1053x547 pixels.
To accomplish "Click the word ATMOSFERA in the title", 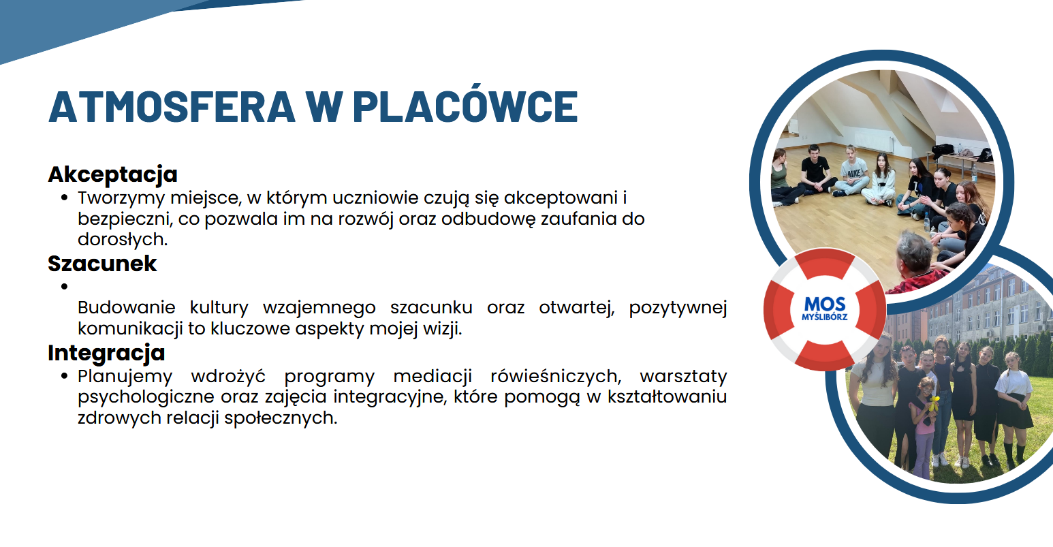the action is (x=172, y=107).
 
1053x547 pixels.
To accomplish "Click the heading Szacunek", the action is (x=102, y=264).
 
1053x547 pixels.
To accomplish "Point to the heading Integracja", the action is (x=106, y=354).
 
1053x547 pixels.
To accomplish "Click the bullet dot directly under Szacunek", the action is (x=65, y=286).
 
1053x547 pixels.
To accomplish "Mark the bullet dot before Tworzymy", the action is (x=65, y=198).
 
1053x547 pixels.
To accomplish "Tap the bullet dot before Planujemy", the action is (x=65, y=376).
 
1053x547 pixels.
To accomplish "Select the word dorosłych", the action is (x=123, y=239).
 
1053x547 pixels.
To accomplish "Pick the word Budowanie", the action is (x=127, y=307).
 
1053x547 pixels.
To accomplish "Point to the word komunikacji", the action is (x=130, y=328).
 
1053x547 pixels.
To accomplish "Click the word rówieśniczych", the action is (x=556, y=376).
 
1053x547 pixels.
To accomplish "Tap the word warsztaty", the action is (x=684, y=376).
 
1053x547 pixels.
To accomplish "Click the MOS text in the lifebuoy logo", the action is (x=825, y=304).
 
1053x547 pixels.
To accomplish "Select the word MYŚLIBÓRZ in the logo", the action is (x=825, y=317).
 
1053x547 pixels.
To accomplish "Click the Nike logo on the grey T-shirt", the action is (x=854, y=174).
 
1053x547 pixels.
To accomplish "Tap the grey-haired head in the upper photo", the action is (x=914, y=252).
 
